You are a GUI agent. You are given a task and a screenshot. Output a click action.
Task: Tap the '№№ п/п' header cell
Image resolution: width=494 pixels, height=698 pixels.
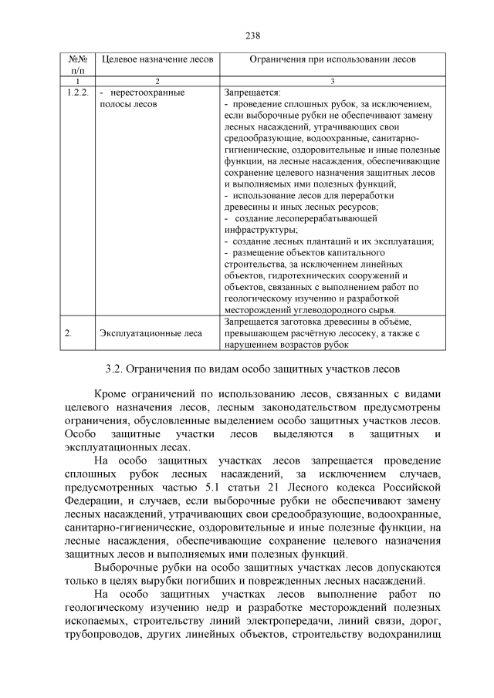tap(76, 64)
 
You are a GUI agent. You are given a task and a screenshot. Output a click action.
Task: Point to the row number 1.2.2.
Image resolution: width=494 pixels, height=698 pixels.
tap(77, 93)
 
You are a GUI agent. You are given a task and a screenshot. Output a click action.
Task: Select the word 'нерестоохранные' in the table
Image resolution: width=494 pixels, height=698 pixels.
tap(147, 93)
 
